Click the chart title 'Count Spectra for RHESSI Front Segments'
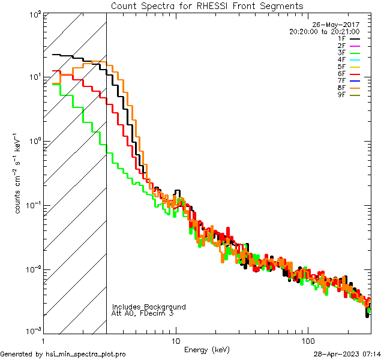[x=207, y=5]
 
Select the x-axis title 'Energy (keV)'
[x=207, y=349]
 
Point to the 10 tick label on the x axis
[x=176, y=340]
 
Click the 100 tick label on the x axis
[x=307, y=340]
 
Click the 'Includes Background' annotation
[x=149, y=307]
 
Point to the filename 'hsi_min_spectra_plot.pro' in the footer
[x=86, y=355]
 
